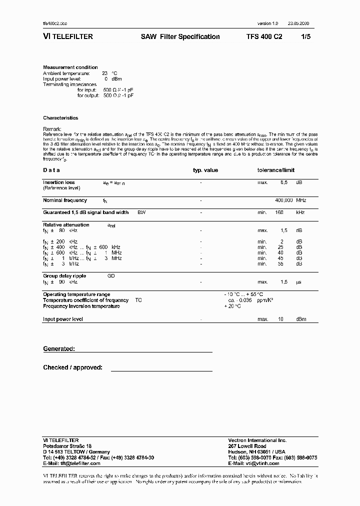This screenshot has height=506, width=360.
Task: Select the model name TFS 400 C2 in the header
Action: click(264, 36)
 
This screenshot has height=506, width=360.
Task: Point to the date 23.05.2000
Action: click(298, 24)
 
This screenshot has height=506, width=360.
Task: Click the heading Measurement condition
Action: click(70, 67)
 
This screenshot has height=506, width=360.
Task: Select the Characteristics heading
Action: click(60, 118)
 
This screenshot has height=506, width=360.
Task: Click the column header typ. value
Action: click(205, 170)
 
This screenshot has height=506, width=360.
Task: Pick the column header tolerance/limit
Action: click(276, 170)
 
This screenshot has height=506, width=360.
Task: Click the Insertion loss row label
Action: click(59, 182)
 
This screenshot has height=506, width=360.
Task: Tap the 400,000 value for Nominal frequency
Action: click(284, 200)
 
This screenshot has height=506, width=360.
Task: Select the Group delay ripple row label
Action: click(64, 276)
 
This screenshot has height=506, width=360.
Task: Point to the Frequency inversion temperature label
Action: click(81, 306)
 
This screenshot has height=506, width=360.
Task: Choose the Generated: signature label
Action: click(59, 349)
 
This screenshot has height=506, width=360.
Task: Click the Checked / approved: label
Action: click(73, 367)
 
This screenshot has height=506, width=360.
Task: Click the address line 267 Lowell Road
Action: click(247, 446)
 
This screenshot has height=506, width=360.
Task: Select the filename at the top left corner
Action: click(55, 24)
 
